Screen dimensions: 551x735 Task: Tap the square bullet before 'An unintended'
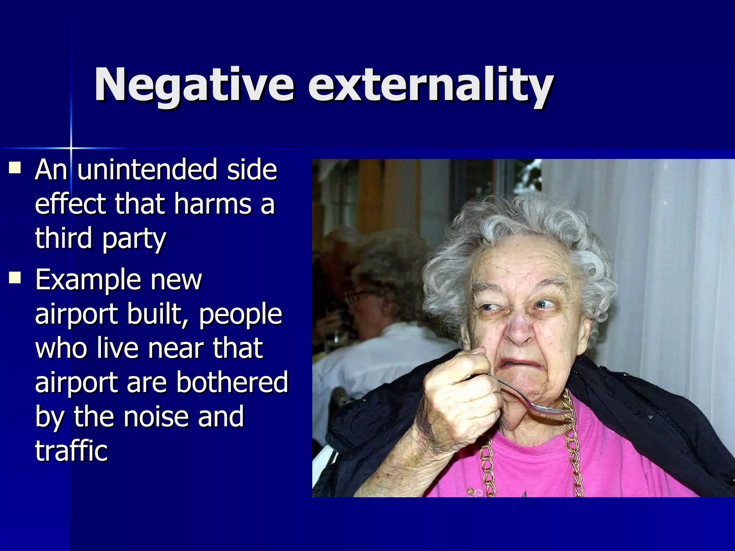tap(15, 167)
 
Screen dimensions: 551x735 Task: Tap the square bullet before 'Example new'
tap(15, 277)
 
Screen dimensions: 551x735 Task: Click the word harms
tap(213, 203)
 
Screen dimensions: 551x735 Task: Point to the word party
tap(134, 239)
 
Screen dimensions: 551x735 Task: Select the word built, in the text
tap(158, 314)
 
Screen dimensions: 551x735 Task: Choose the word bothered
tap(232, 382)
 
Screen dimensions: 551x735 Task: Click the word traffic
tap(71, 451)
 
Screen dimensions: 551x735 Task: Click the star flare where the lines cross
tap(71, 148)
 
